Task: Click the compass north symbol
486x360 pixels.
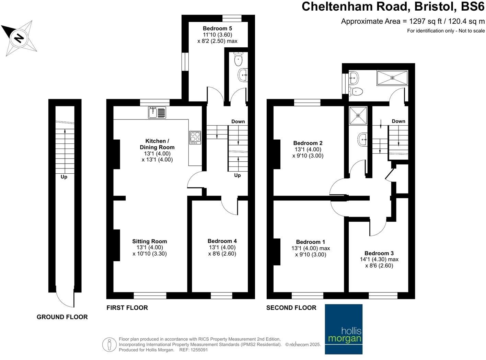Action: (19, 37)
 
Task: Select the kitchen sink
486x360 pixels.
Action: (157, 112)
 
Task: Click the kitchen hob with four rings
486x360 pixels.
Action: (195, 138)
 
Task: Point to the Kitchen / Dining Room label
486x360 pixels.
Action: (157, 144)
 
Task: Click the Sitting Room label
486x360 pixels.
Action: (150, 241)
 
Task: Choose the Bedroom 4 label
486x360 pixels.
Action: (222, 241)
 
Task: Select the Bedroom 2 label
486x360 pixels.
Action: (308, 143)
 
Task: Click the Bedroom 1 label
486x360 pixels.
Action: (311, 242)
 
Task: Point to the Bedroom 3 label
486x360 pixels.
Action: (379, 253)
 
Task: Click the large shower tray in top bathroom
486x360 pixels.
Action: (392, 78)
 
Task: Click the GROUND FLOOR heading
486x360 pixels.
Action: (62, 317)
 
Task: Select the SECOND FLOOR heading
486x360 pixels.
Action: (291, 308)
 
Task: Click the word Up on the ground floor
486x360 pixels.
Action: (64, 177)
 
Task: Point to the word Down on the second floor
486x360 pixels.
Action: (398, 121)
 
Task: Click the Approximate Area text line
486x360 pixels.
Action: (413, 21)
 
